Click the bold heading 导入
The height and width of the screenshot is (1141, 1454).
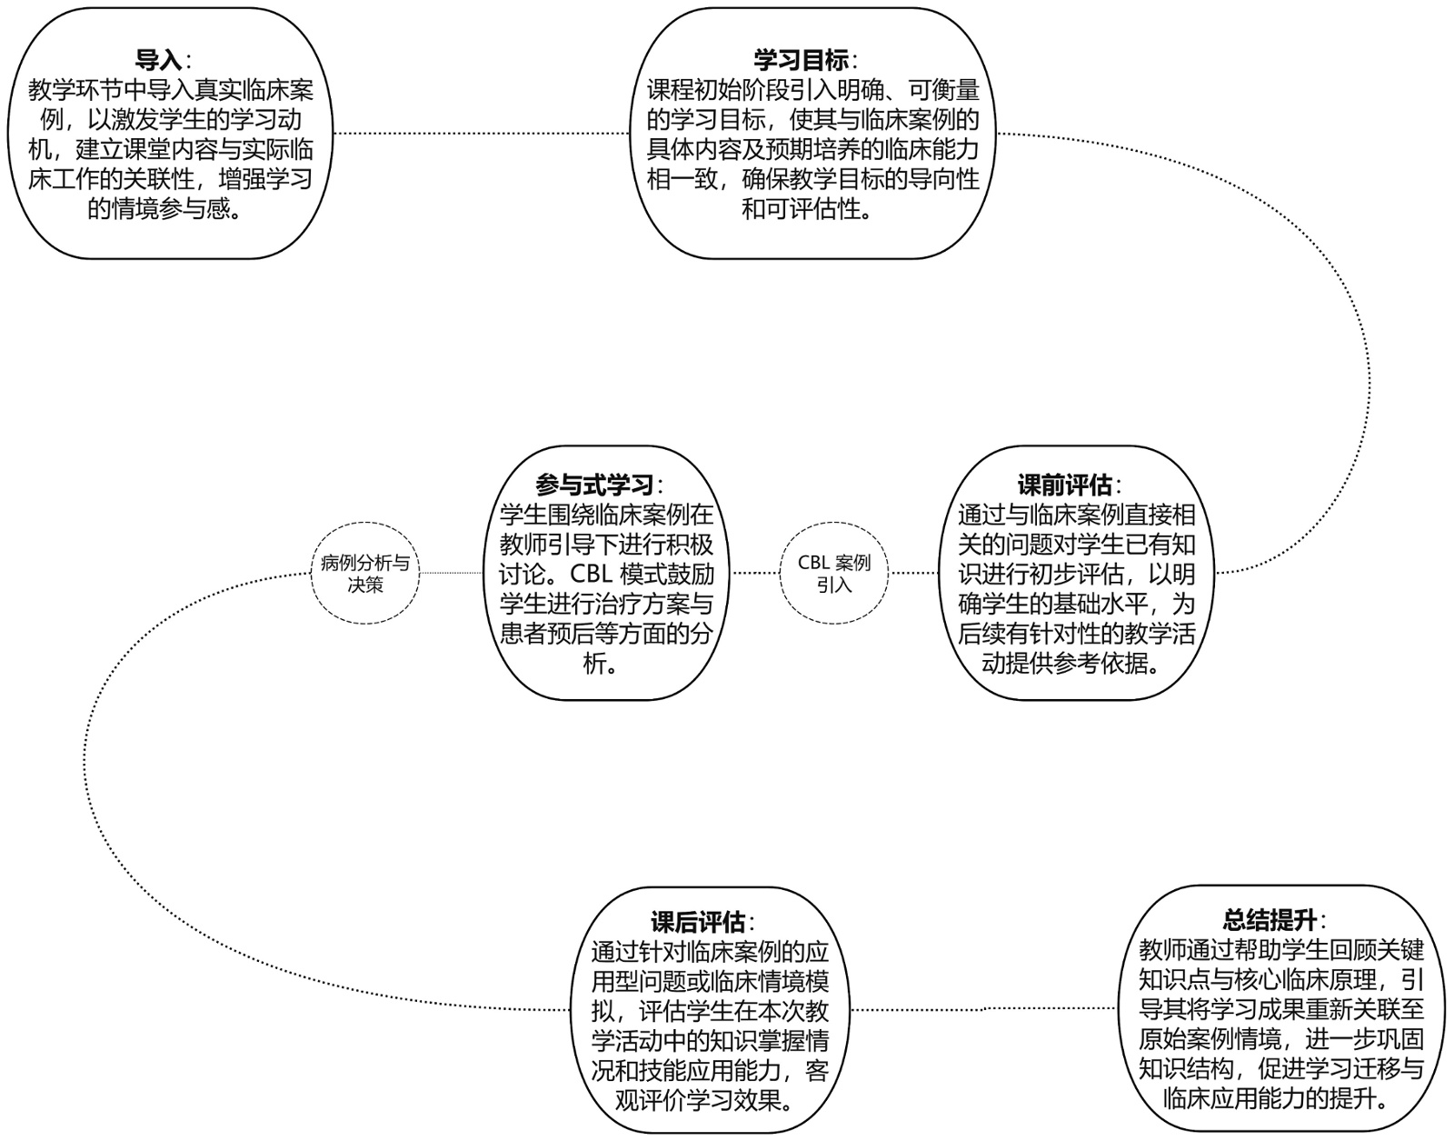159,61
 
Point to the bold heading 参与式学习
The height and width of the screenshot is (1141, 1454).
594,485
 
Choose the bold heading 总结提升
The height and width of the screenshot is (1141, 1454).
1270,920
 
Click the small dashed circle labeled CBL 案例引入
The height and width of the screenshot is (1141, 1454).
833,573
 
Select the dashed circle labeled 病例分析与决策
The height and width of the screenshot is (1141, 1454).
365,573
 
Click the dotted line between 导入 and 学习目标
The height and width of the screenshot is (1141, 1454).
482,134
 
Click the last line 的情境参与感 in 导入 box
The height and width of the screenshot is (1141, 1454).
164,210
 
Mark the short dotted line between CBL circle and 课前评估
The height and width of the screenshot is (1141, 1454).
913,573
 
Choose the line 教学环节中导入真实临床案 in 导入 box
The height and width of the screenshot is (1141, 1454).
172,91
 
